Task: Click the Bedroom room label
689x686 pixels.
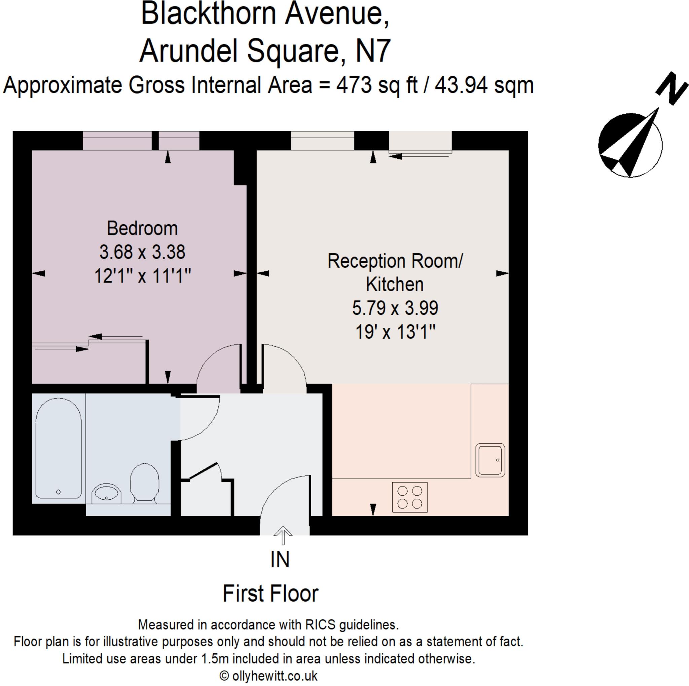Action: [142, 229]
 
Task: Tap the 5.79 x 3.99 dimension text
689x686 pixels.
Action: [395, 308]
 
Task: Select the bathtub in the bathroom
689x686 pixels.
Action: [59, 449]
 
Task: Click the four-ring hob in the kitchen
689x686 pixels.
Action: [410, 497]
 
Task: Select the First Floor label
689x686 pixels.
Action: [270, 594]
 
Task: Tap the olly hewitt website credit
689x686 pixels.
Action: [268, 676]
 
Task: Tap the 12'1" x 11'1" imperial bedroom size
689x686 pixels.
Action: [143, 276]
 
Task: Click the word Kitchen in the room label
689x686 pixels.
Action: [395, 284]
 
